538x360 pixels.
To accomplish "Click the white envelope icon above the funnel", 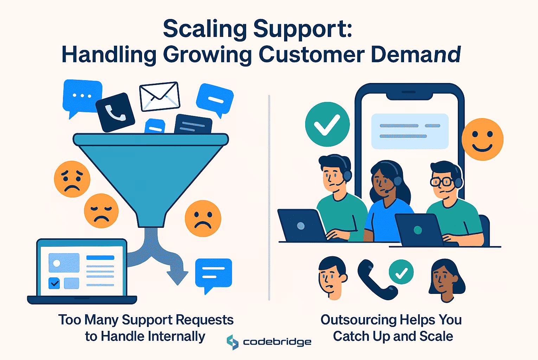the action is point(160,97).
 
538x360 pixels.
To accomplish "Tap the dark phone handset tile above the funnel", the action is point(115,112).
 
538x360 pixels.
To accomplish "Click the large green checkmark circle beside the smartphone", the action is point(327,124).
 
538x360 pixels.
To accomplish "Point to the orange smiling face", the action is point(482,139).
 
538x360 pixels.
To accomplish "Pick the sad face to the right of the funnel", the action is point(203,219).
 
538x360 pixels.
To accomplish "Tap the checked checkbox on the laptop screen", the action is point(54,283).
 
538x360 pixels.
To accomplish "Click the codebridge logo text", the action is point(277,342).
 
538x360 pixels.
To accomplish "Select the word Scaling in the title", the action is point(205,29).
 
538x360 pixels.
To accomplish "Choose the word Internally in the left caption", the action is point(177,336).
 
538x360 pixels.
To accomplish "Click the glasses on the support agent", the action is point(441,181).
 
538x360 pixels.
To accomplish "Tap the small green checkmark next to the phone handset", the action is point(401,272).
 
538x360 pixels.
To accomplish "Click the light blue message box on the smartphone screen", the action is point(410,131).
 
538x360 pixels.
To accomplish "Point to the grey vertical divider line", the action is point(269,198).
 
